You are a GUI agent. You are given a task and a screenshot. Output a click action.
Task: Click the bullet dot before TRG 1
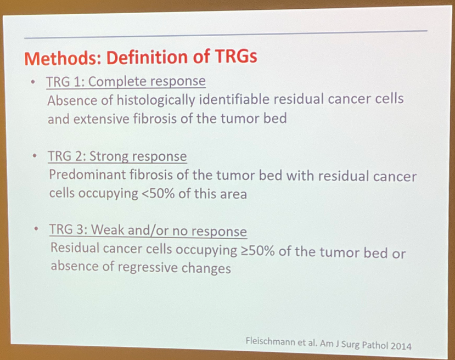coord(33,82)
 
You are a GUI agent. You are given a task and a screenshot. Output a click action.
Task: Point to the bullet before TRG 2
coord(35,156)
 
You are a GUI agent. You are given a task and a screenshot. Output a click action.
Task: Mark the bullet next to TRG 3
coord(36,229)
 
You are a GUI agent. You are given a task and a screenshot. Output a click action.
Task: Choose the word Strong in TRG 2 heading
coord(109,156)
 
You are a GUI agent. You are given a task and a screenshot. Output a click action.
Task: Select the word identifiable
coord(234,99)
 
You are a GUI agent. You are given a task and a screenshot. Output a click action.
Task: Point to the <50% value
coord(158,194)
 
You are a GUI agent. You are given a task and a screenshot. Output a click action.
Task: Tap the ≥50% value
coord(257,251)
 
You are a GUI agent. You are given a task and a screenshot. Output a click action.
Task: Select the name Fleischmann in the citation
coord(270,341)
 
